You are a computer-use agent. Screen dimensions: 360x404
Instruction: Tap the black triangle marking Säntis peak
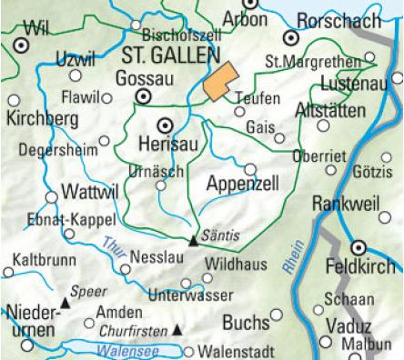click(x=192, y=242)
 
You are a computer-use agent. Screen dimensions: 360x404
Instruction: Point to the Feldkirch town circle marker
click(x=359, y=246)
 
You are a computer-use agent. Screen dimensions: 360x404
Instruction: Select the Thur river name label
click(x=114, y=246)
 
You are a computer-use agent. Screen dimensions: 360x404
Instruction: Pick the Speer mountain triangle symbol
click(x=65, y=300)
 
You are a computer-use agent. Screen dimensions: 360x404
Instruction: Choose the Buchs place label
click(x=246, y=322)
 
